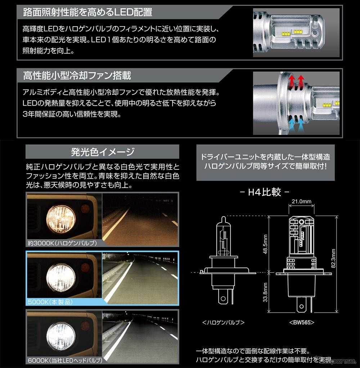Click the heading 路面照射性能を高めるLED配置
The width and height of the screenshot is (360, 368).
coord(87,12)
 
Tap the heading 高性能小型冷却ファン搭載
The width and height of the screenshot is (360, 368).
coord(77,76)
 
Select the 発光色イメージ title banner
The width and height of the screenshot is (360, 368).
coord(102,152)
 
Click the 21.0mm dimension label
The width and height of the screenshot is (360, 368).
coord(302,201)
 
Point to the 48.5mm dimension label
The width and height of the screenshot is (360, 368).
coord(265,244)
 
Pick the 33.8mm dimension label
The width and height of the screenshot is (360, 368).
coord(265,292)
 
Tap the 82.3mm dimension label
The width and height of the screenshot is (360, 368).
coord(333,258)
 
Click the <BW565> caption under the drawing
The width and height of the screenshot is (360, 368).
coord(302,323)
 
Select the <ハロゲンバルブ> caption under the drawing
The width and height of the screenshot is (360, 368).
coord(223,323)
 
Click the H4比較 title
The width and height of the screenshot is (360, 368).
coord(265,192)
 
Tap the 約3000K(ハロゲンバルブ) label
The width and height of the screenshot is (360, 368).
coord(62,243)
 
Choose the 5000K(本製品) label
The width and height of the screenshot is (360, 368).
coord(50,302)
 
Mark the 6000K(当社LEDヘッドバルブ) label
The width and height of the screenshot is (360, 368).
coord(65,360)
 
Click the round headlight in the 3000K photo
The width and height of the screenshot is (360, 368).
coord(61,219)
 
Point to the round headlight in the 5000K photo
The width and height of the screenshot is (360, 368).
coord(61,278)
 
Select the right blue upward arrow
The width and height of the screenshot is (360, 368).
coord(301,126)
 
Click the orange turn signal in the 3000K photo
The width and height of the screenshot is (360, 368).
coord(85,208)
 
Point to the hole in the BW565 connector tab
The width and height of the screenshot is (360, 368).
coord(302,306)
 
